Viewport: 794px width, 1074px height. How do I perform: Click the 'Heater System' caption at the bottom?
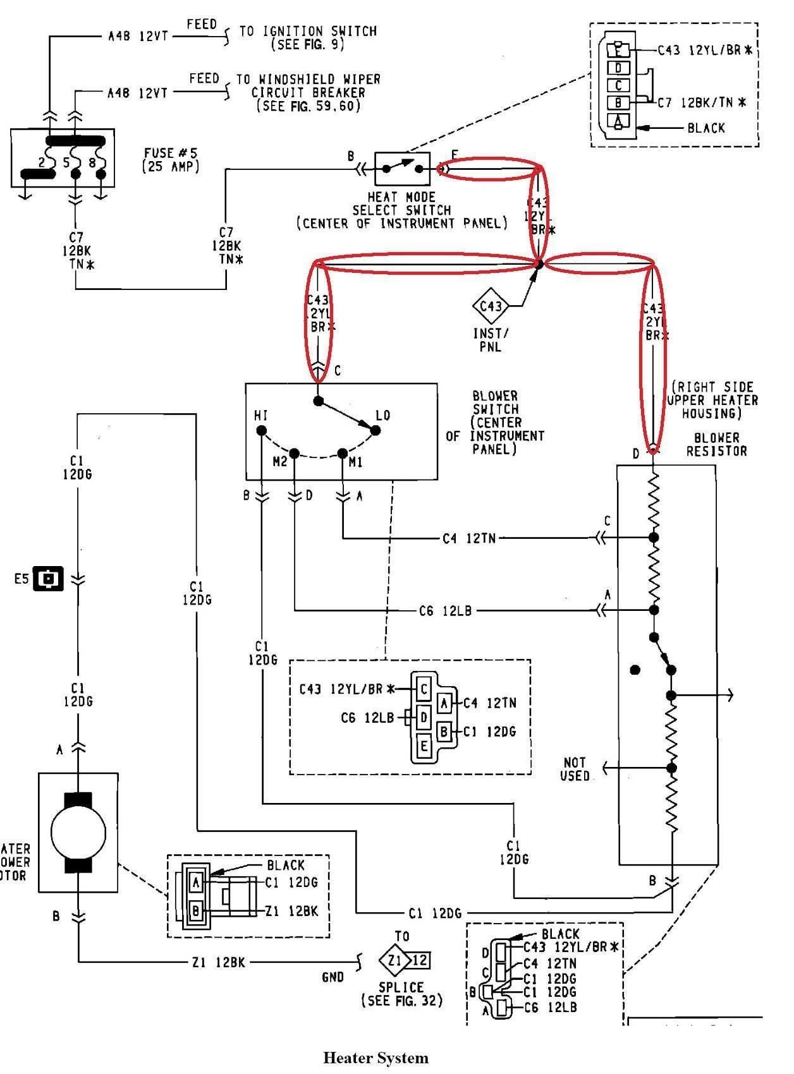pos(376,1058)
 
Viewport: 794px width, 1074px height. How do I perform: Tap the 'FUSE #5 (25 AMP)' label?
pos(170,160)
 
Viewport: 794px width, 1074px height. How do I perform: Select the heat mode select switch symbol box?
pos(402,169)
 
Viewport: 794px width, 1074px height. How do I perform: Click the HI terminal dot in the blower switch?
pos(260,431)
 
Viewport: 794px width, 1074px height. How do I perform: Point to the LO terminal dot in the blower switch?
pos(375,430)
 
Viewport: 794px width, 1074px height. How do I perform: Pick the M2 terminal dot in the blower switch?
pos(295,453)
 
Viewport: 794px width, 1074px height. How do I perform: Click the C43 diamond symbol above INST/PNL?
pos(491,306)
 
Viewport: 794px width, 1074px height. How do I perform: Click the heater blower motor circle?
pos(78,832)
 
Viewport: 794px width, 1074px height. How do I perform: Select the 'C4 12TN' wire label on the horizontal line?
pos(468,538)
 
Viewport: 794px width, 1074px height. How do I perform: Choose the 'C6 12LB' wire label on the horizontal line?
pos(445,611)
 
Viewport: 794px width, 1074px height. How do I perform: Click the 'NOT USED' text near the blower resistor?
pos(575,769)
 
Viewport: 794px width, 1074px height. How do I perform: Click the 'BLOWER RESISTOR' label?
pos(716,444)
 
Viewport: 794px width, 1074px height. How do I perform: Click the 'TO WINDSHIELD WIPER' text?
pos(308,80)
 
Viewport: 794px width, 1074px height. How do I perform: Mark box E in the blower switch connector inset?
pos(424,746)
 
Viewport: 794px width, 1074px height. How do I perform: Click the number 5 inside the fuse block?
pos(66,162)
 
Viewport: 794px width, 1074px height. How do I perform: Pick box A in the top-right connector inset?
pos(618,122)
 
